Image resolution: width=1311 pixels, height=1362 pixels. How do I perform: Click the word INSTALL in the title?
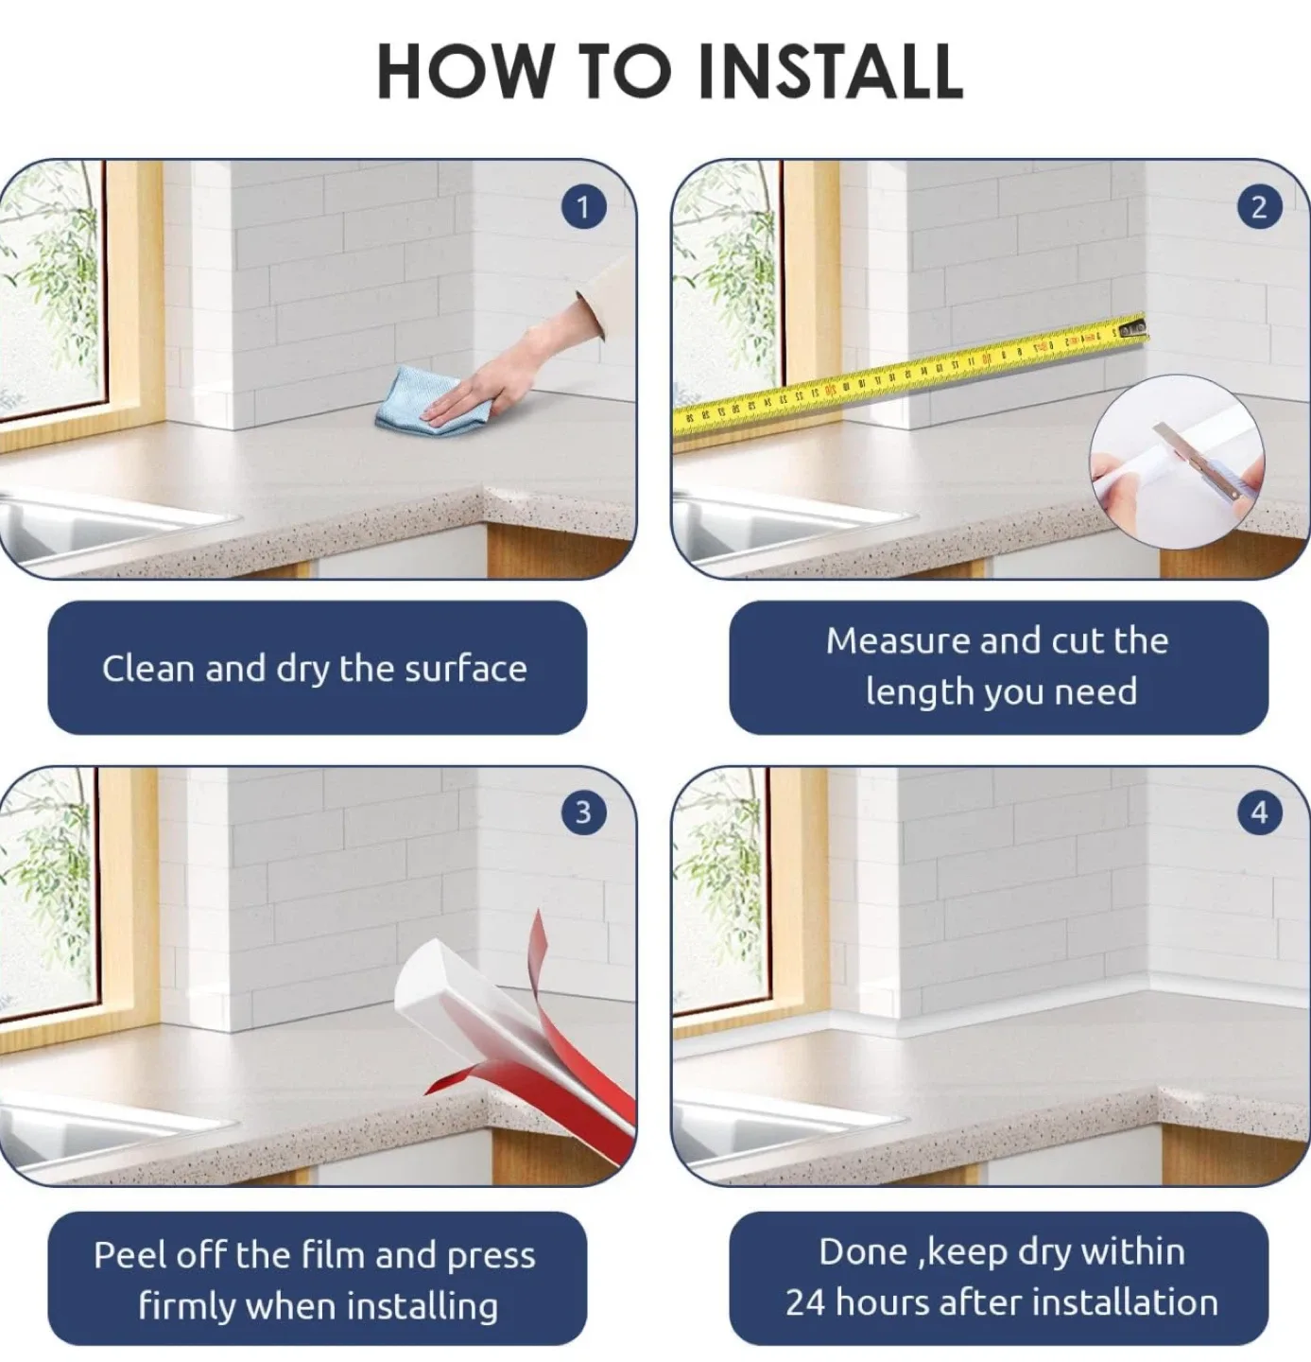pos(830,71)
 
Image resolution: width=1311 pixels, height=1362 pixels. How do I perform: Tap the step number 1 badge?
pos(582,206)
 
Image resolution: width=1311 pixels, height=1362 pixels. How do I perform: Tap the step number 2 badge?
pos(1258,206)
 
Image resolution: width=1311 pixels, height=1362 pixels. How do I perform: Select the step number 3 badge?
pos(582,812)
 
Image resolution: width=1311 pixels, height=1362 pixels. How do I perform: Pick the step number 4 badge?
pos(1258,812)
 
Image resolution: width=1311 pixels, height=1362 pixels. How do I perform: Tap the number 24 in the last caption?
pos(805,1302)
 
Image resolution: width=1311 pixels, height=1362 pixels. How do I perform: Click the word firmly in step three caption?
pos(187,1306)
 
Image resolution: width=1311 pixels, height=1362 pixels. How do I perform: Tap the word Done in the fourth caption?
pos(863,1251)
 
